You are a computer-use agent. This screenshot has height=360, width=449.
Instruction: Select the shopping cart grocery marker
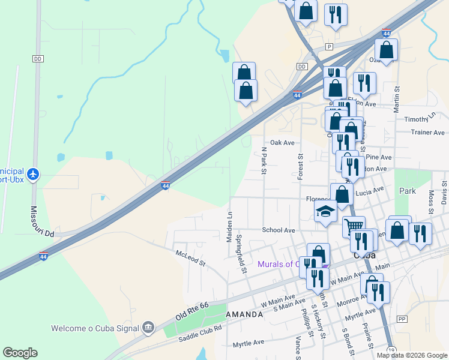tap(354, 226)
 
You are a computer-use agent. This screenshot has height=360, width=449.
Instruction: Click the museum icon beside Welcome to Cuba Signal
tap(148, 328)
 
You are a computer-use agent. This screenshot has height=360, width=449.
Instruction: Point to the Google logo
tap(20, 353)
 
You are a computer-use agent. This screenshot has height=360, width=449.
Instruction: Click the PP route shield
tap(402, 319)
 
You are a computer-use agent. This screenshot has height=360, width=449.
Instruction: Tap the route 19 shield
tap(391, 350)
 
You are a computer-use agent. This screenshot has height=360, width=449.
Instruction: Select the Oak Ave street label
tap(282, 143)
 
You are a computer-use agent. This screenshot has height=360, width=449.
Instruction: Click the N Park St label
tap(263, 160)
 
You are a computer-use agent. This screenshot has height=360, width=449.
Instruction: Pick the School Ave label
tap(279, 230)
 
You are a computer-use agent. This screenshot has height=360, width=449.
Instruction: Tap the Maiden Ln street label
tap(229, 227)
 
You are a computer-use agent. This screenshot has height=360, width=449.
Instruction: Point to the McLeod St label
tap(190, 258)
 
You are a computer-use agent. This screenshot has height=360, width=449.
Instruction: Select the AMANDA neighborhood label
tap(244, 314)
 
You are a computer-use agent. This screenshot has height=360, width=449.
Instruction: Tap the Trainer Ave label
tap(427, 132)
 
